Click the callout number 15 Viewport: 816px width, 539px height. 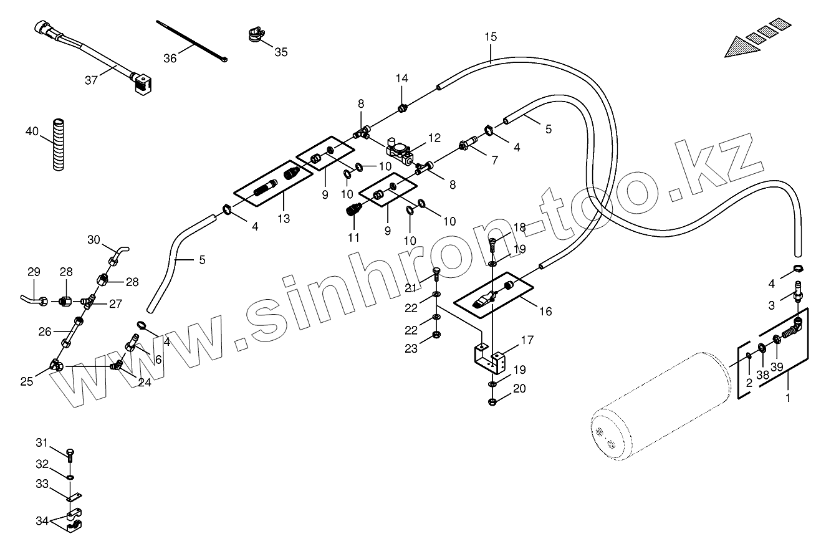click(491, 37)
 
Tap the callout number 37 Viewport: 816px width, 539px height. click(92, 80)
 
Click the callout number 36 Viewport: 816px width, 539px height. click(170, 58)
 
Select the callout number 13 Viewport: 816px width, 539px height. click(284, 219)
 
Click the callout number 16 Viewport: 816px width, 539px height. click(545, 311)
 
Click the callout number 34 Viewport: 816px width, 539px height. click(42, 521)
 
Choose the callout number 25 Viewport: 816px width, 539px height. click(27, 382)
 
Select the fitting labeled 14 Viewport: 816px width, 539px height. click(403, 109)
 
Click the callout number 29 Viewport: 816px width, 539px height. click(34, 272)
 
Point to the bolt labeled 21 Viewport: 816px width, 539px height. click(436, 272)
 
